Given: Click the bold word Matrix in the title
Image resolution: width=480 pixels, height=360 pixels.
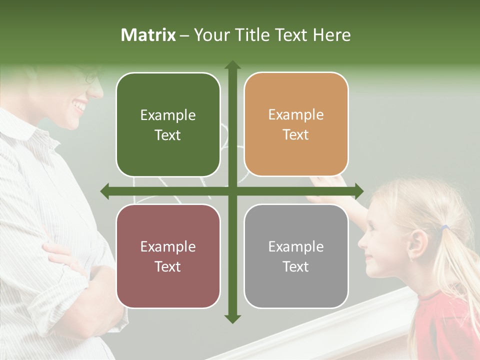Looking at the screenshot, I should (148, 35).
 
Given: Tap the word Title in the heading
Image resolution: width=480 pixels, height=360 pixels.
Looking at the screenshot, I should (254, 35).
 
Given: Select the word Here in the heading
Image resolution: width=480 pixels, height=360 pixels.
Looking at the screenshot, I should (332, 35).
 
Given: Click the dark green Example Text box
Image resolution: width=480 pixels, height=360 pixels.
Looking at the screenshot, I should (168, 124).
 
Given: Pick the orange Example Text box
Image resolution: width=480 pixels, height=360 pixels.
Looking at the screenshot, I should (296, 124).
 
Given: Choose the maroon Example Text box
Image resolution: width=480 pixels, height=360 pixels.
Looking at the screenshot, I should (168, 256).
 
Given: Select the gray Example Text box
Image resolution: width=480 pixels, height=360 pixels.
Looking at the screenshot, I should (296, 256).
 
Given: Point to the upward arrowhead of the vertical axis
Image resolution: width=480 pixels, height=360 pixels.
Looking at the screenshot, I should (232, 65).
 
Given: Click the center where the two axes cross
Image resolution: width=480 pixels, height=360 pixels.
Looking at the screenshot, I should (232, 191).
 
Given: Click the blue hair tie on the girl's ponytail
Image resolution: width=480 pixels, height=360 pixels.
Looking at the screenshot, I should (444, 228).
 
